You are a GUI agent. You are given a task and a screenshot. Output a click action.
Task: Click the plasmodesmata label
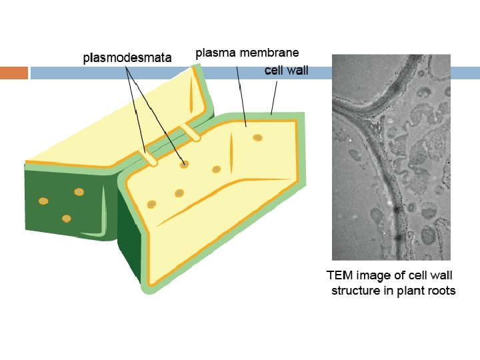(127, 58)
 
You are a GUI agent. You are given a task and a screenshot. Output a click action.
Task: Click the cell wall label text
(286, 69)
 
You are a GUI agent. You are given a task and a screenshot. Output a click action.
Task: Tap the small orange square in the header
(14, 73)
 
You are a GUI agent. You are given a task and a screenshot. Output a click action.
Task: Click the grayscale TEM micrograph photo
(391, 157)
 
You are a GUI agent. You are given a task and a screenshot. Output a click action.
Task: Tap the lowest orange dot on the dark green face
(66, 218)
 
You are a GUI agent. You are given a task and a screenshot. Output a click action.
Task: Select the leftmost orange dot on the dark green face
(43, 201)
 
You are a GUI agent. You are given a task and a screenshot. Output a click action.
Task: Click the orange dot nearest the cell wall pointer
(257, 138)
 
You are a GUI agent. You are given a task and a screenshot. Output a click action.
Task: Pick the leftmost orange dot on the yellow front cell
(152, 204)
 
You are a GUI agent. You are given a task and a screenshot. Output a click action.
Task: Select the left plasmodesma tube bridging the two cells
(149, 157)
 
